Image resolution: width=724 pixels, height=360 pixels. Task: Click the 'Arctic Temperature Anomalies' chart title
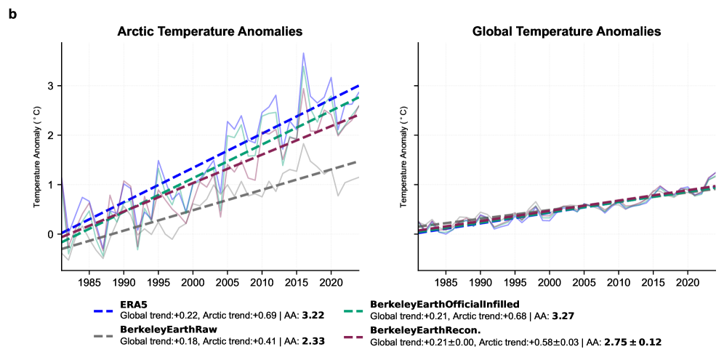coord(210,32)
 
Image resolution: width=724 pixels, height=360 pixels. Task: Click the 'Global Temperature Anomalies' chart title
coord(566,32)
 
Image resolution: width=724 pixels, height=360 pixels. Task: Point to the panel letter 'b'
coord(12,14)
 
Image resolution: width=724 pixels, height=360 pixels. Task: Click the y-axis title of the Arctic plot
coord(38,157)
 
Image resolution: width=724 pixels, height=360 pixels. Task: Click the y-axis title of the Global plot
coord(404,157)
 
